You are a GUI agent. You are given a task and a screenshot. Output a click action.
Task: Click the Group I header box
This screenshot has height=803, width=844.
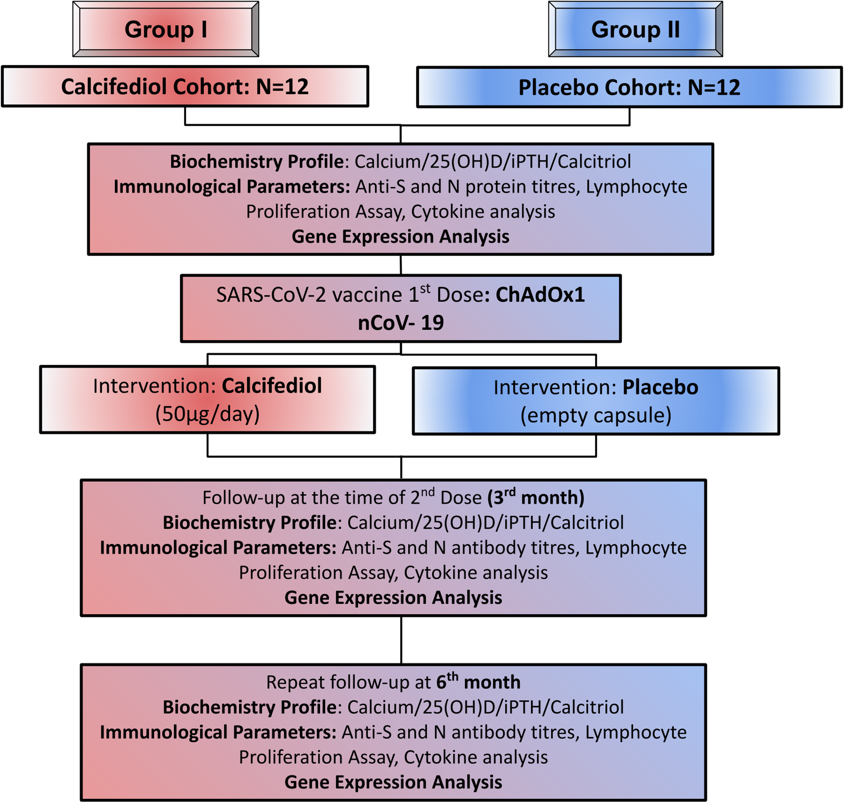pyautogui.click(x=166, y=29)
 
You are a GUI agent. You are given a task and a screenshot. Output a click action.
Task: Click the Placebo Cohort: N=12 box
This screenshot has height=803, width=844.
pyautogui.click(x=629, y=87)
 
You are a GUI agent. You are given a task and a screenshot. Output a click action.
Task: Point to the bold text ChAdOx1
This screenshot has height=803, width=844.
pyautogui.click(x=540, y=295)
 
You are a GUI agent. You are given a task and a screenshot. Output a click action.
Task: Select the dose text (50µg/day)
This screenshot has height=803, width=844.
pyautogui.click(x=207, y=414)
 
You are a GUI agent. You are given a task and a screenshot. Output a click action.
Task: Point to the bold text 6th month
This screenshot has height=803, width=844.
pyautogui.click(x=478, y=682)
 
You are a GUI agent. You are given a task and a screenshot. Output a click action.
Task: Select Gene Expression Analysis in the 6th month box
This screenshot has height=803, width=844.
pyautogui.click(x=393, y=782)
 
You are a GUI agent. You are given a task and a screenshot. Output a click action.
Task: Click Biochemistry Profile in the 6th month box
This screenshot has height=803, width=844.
pyautogui.click(x=250, y=708)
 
